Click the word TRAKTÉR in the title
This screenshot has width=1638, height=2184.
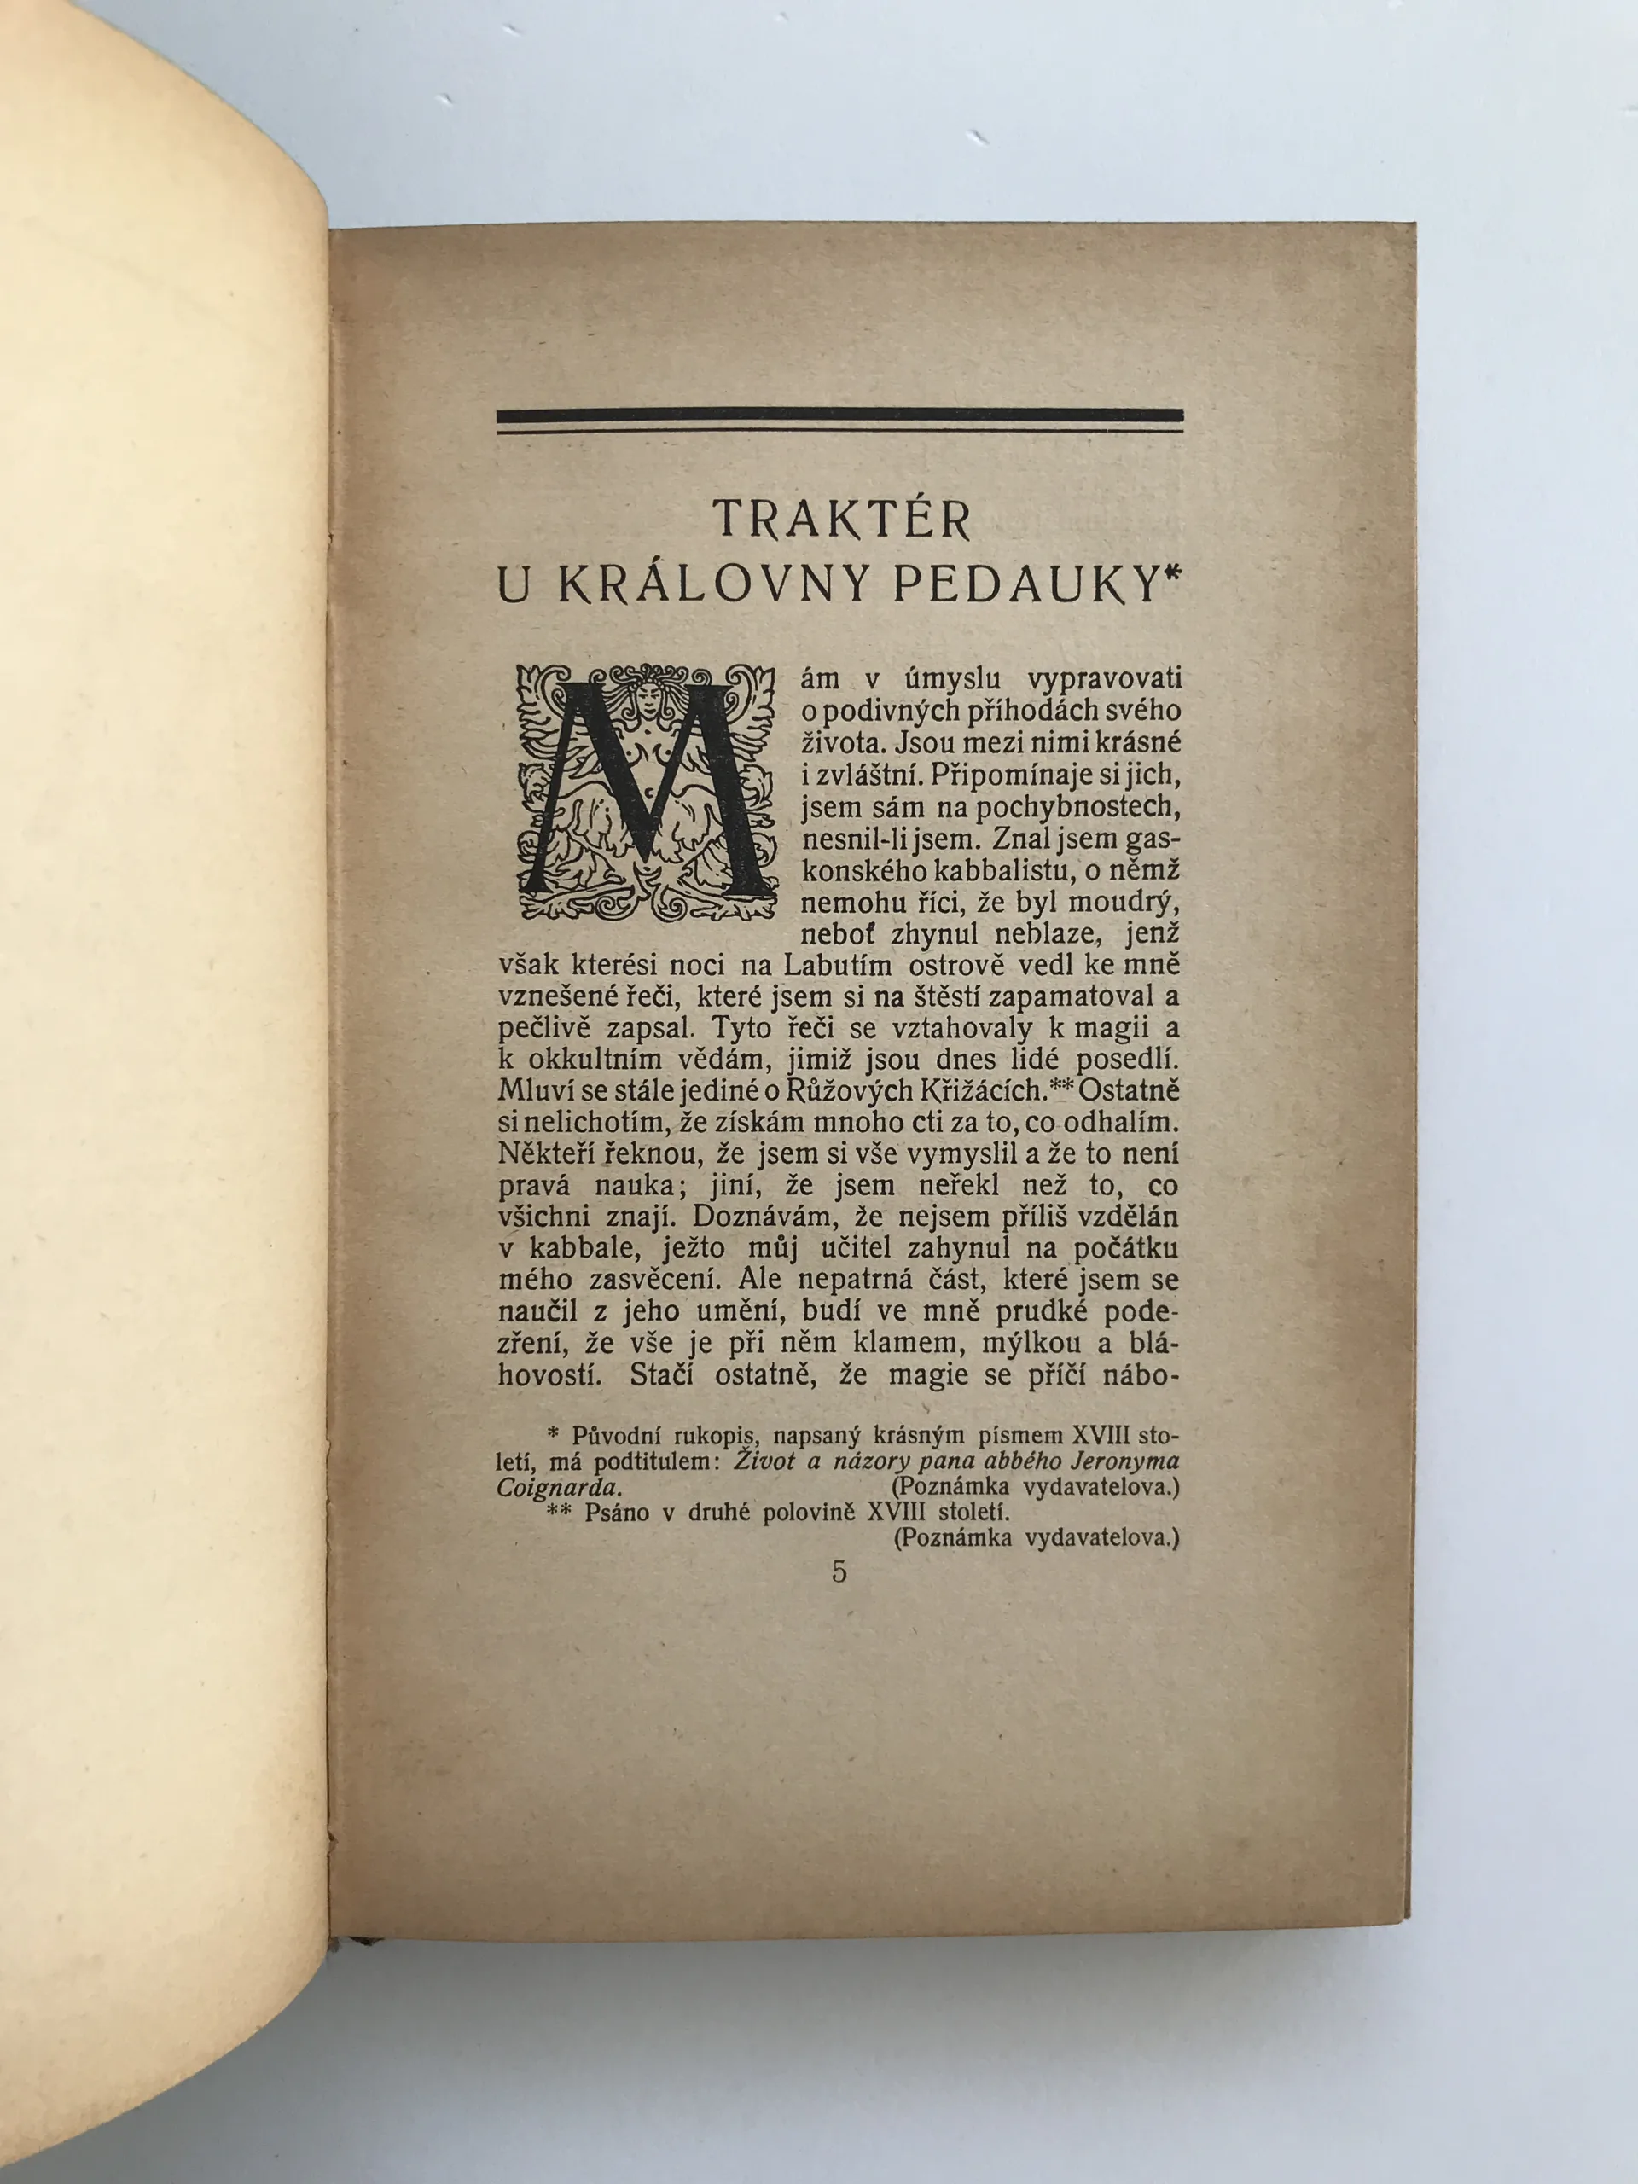coord(840,519)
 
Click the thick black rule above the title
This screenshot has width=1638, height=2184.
coord(839,415)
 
